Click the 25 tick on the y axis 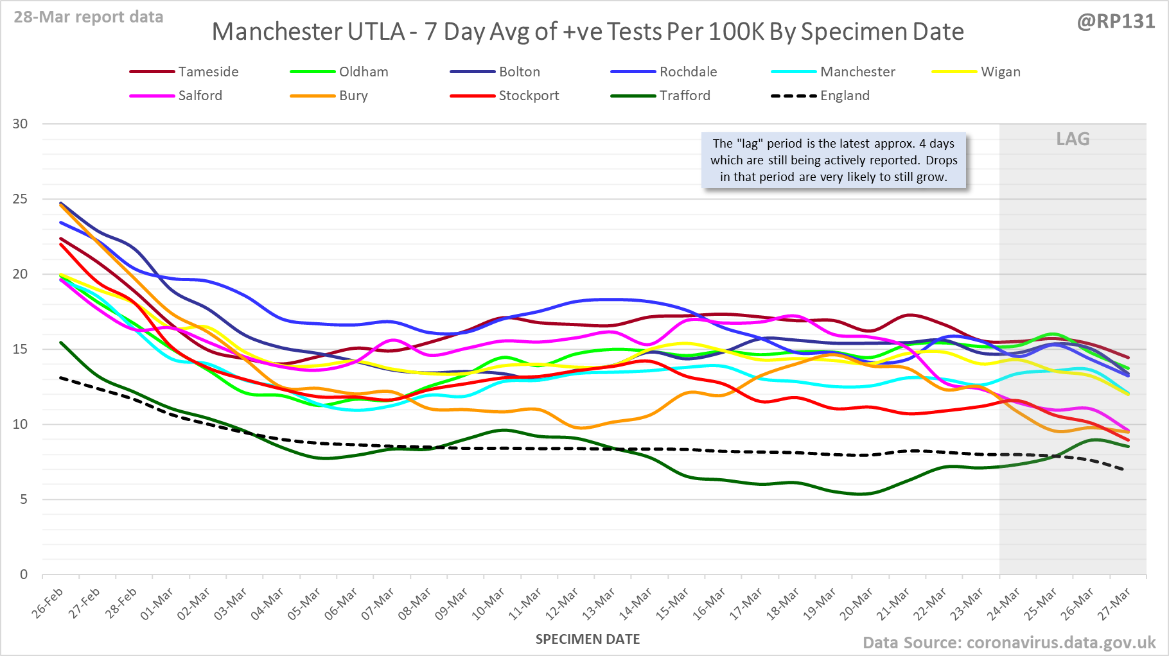tap(21, 199)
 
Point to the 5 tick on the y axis tap(24, 499)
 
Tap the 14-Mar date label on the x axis tap(637, 603)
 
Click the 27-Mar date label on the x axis tap(1114, 603)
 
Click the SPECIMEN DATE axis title tap(588, 639)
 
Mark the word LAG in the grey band tap(1073, 139)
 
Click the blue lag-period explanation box tap(834, 160)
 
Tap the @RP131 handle tap(1116, 22)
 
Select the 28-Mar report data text tap(89, 17)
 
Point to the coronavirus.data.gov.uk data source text tap(1060, 643)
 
